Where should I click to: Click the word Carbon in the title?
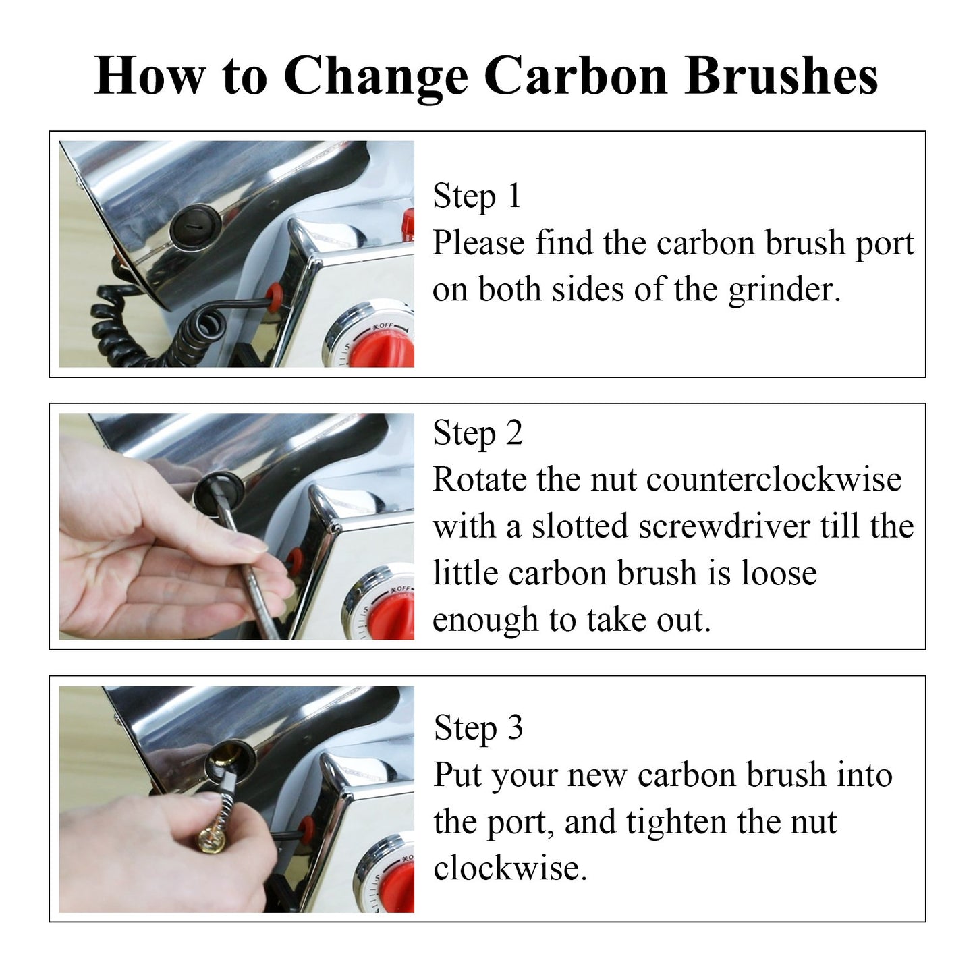tap(576, 77)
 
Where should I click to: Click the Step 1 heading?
tap(476, 196)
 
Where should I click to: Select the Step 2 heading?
tap(478, 434)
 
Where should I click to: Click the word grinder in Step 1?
tap(784, 290)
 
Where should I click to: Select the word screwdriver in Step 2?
tap(724, 526)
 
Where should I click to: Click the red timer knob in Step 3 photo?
tap(397, 891)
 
